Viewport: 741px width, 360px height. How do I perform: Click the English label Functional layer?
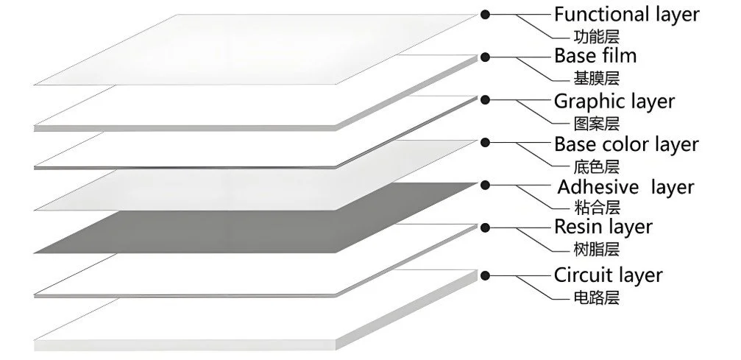(626, 13)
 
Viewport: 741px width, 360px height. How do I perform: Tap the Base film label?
(595, 56)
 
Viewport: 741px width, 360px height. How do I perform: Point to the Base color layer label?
(626, 144)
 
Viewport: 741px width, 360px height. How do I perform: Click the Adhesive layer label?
(625, 187)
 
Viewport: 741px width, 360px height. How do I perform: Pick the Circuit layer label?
(608, 275)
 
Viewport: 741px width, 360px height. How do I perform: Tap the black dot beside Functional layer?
(485, 13)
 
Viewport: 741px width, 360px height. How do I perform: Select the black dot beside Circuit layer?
(485, 275)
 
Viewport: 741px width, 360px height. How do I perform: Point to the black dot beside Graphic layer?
(485, 98)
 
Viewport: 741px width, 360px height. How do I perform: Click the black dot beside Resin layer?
(485, 228)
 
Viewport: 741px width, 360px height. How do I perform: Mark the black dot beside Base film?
(485, 56)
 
